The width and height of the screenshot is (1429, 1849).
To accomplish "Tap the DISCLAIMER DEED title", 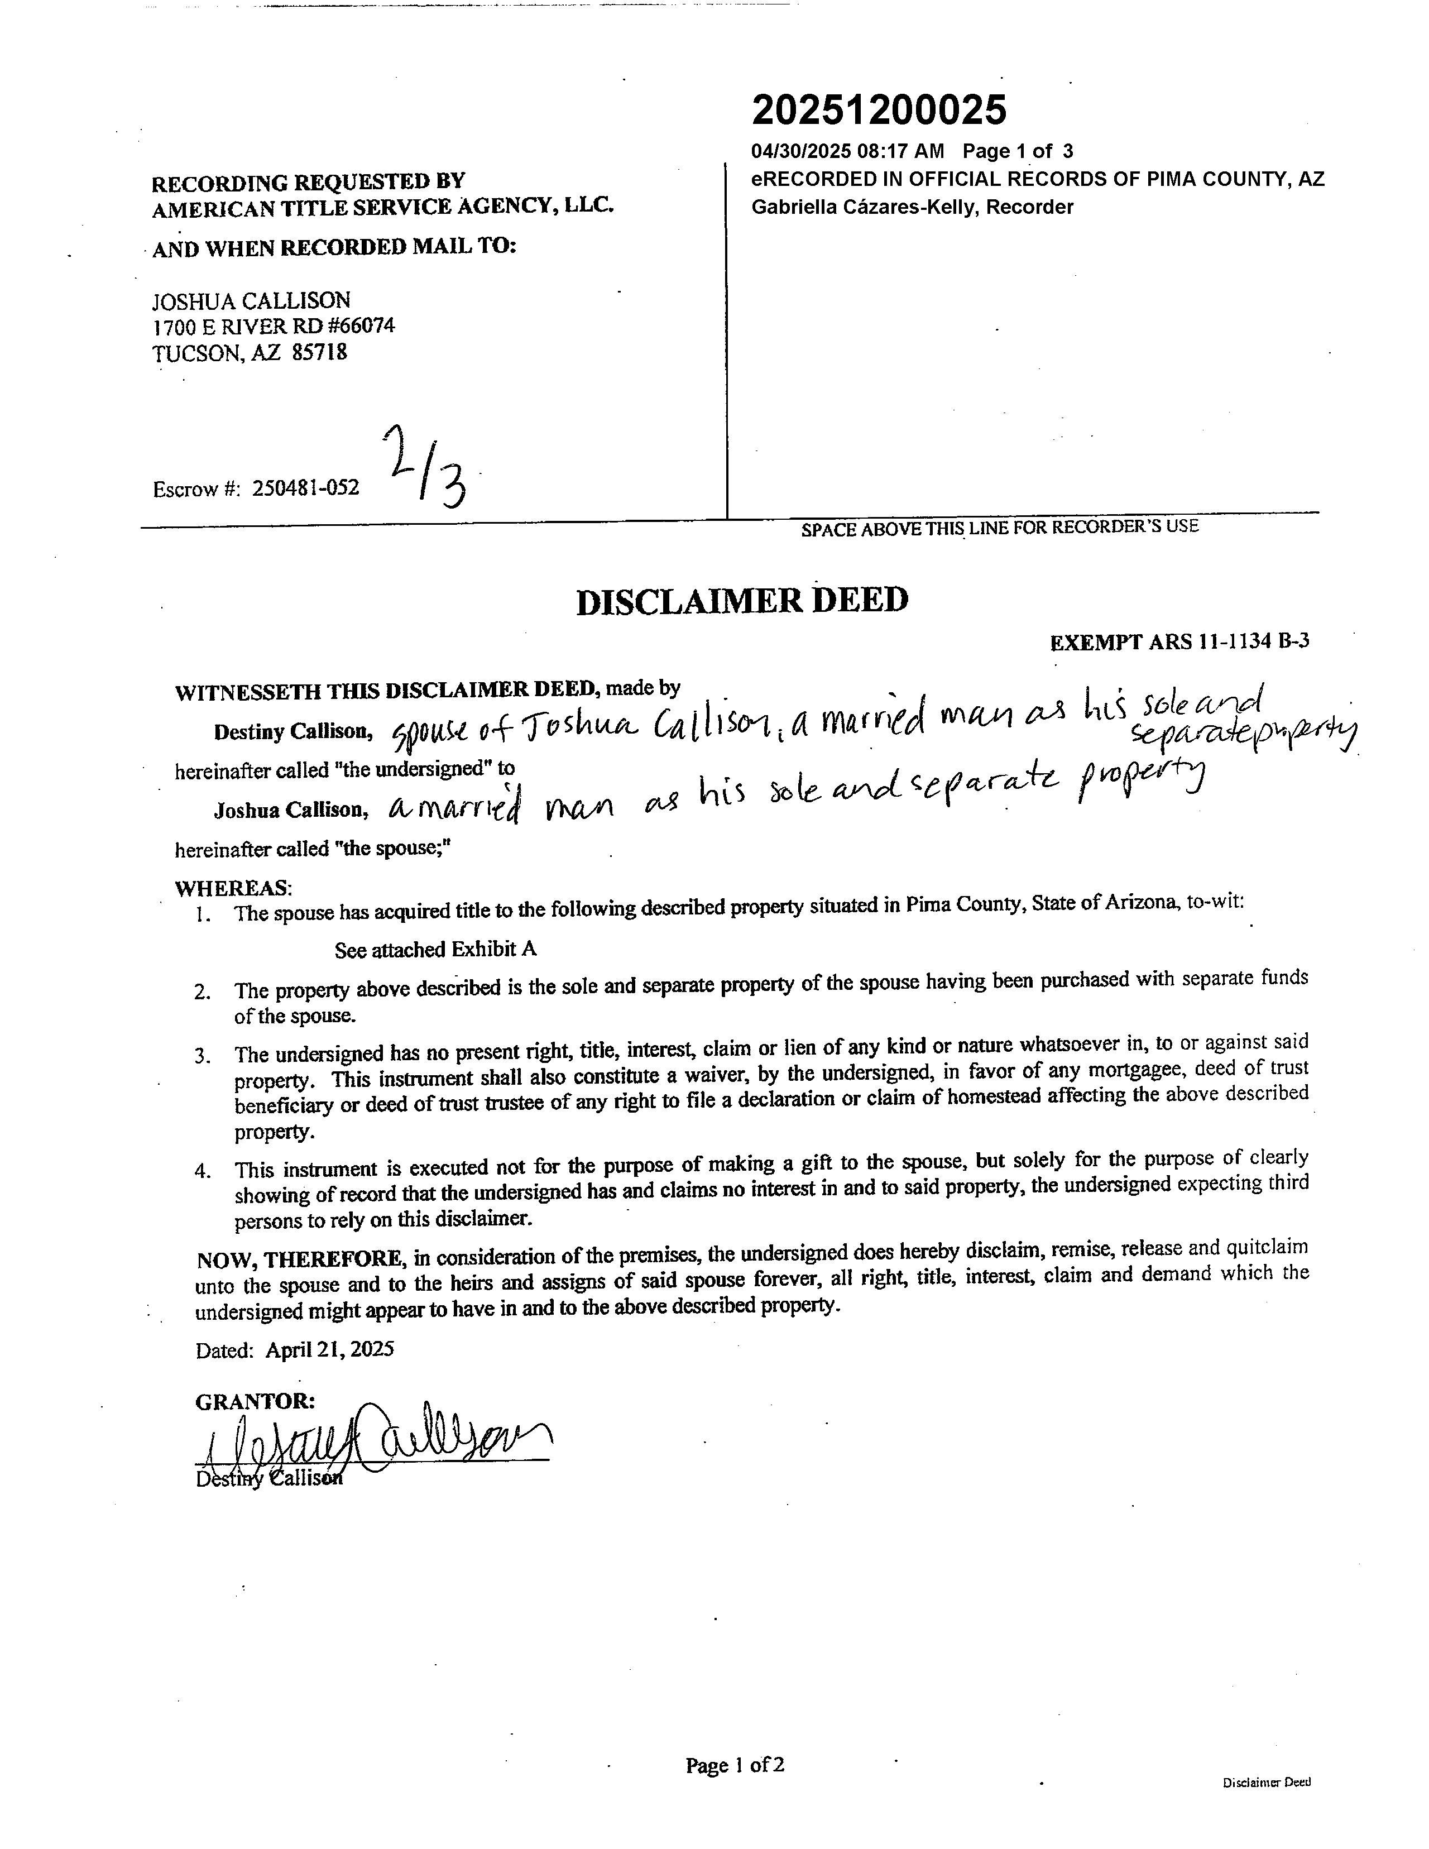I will [742, 601].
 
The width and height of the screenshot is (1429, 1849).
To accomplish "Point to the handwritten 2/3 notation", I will [428, 468].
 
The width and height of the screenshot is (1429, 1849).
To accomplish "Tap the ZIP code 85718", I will [319, 352].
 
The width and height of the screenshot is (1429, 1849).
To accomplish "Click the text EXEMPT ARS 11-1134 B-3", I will [1179, 641].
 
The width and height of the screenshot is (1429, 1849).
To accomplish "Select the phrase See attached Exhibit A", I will [435, 949].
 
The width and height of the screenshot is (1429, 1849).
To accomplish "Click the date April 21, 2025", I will [329, 1349].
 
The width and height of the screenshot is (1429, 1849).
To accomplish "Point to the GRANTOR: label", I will [255, 1401].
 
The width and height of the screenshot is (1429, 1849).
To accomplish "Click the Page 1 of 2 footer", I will [735, 1765].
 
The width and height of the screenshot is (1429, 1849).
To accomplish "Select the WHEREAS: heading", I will [233, 888].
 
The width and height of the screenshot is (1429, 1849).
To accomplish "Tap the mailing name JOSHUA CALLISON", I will [251, 300].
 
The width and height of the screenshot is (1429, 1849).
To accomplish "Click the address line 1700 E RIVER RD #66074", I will [272, 326].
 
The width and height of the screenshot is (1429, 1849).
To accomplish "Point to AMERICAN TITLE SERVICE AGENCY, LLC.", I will [382, 207].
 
